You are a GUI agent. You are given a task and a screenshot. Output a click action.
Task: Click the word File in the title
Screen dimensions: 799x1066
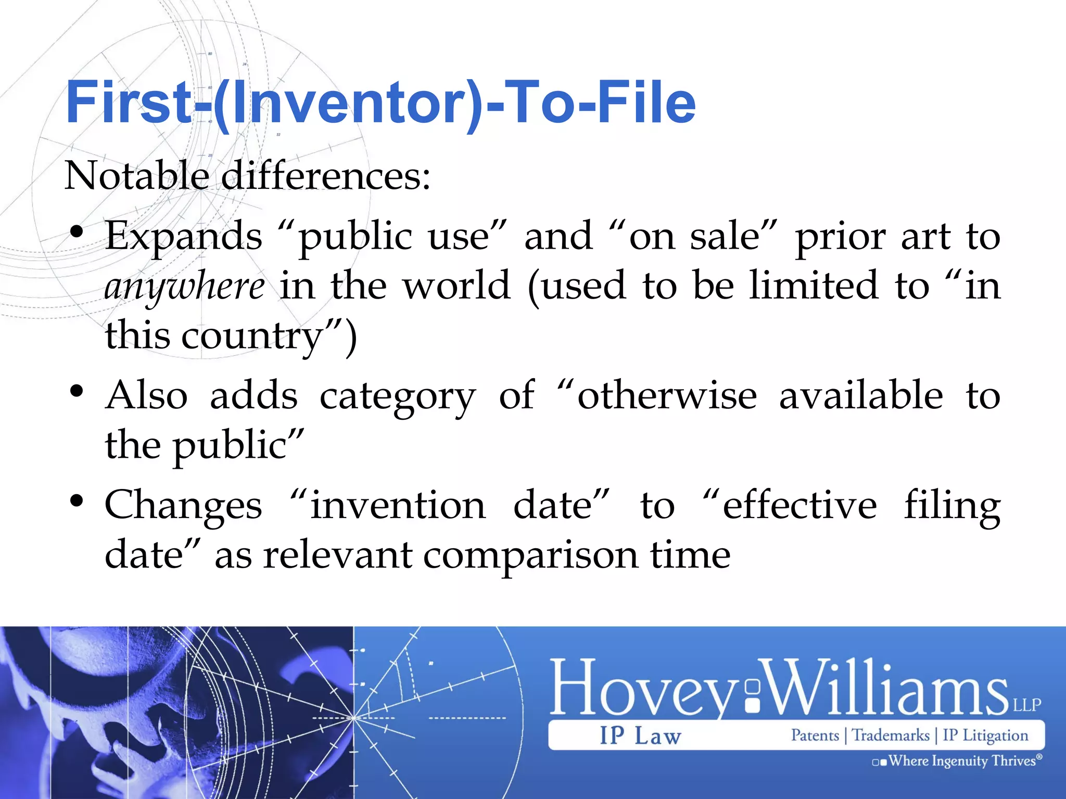click(645, 102)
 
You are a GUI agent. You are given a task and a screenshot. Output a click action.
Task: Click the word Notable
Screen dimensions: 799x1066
click(136, 176)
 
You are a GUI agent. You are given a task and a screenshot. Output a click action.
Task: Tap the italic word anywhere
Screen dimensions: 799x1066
click(184, 287)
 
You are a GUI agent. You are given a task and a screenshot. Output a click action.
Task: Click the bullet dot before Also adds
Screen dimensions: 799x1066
click(77, 391)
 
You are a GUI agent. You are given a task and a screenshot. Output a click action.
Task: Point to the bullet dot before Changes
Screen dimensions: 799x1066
click(77, 501)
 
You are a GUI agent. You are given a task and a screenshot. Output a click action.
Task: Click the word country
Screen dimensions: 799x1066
click(252, 336)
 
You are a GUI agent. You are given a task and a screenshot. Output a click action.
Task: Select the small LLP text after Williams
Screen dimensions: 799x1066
click(1026, 705)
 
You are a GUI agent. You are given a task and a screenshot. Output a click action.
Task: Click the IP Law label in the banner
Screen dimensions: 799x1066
click(640, 736)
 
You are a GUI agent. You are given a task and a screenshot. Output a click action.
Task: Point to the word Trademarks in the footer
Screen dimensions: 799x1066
click(891, 736)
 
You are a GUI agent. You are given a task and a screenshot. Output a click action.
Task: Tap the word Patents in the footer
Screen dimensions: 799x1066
click(815, 736)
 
